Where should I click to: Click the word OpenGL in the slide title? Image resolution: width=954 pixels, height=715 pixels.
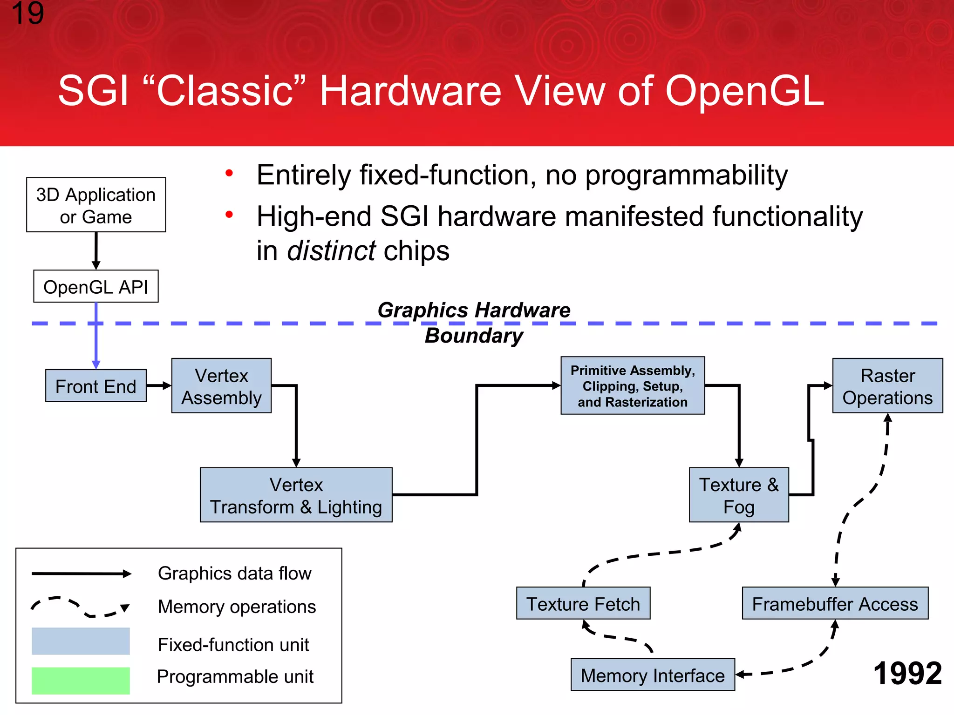[x=744, y=91]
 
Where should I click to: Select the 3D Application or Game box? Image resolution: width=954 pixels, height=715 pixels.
[x=96, y=205]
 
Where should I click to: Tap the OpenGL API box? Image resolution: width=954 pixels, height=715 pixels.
[x=96, y=287]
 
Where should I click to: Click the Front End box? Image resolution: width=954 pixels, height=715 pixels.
[x=96, y=386]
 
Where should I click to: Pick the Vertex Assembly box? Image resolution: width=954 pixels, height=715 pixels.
[x=221, y=386]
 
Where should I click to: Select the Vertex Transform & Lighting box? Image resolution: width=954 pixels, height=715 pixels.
[x=296, y=495]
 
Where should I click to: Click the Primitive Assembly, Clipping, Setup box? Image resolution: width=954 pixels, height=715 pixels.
[x=633, y=386]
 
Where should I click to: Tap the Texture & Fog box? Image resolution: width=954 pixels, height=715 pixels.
[x=739, y=495]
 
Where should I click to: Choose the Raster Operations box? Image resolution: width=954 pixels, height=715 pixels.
[x=887, y=386]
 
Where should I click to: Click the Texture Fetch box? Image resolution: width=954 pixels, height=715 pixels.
[x=583, y=604]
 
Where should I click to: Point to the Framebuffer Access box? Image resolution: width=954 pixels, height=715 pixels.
[x=835, y=604]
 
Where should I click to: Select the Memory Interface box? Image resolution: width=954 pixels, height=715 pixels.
[x=653, y=675]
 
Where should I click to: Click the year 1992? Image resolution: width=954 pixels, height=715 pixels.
[x=907, y=674]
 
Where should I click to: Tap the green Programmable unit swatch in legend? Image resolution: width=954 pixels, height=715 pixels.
[x=81, y=681]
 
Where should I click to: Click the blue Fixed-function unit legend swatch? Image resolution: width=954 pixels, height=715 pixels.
[x=81, y=641]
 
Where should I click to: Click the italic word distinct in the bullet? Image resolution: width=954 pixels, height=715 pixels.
[x=331, y=251]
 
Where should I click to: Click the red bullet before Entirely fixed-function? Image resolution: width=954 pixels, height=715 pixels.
[x=229, y=174]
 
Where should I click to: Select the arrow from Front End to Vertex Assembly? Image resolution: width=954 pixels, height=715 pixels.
[x=159, y=385]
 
